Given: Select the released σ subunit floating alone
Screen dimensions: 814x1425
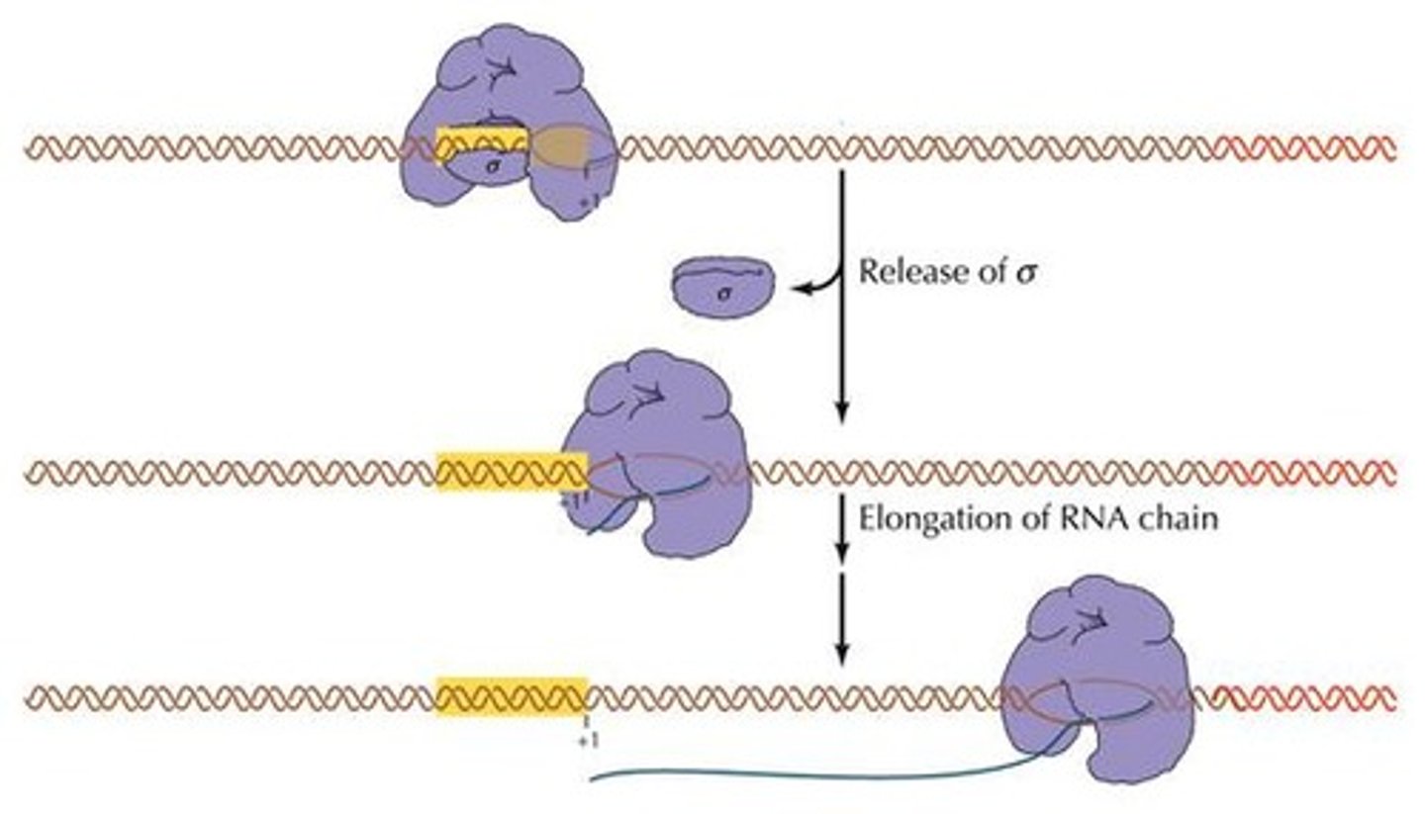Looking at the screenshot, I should coord(722,285).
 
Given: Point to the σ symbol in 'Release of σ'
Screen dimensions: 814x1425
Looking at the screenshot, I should coord(1026,272).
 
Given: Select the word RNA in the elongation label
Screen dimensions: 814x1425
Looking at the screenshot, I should coord(1076,517).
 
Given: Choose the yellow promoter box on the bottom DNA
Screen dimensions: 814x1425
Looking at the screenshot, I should coord(512,697).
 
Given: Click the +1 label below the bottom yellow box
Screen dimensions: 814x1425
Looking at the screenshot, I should coord(586,739).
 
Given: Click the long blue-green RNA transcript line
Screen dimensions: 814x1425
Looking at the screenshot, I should coord(792,773).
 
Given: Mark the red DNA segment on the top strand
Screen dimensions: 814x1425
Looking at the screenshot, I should coord(1306,149).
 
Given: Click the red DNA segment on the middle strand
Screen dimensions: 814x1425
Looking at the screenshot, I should coord(1306,473).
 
